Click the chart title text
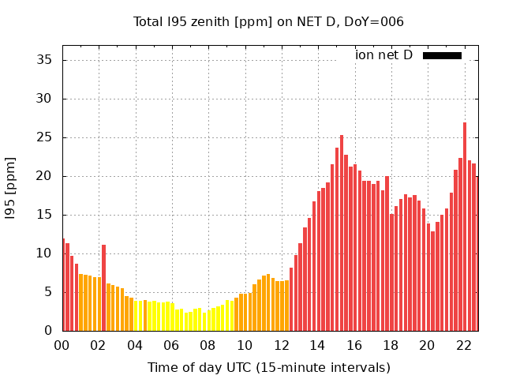(268, 22)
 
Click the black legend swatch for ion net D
(442, 55)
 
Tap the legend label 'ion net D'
(383, 55)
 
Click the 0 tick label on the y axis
(48, 331)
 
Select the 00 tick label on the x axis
(62, 345)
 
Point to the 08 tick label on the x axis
(208, 345)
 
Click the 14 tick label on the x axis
(317, 345)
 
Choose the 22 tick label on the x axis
(463, 345)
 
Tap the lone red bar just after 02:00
(103, 288)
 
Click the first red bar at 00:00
(63, 284)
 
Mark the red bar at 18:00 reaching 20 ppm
(387, 253)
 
